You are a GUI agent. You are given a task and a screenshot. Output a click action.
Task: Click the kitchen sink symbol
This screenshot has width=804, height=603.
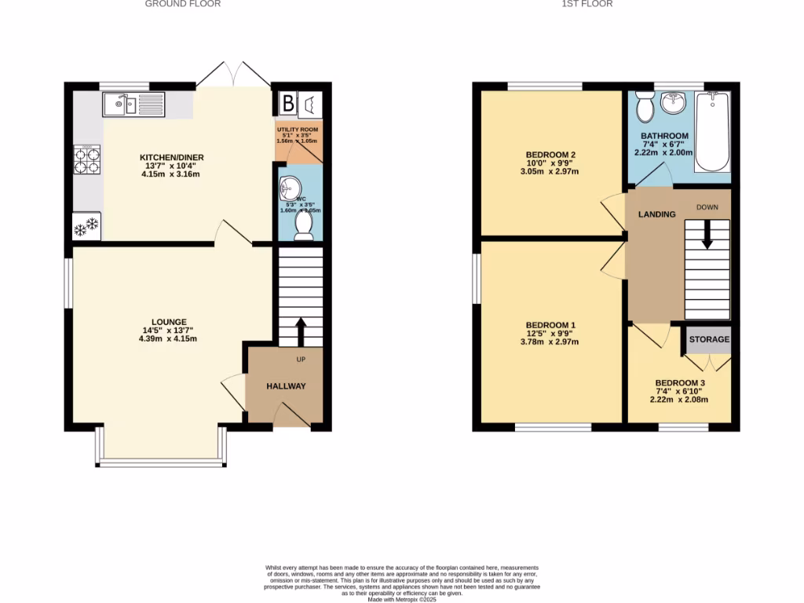[x=132, y=104]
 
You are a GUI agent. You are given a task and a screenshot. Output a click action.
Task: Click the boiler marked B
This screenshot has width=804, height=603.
[x=288, y=103]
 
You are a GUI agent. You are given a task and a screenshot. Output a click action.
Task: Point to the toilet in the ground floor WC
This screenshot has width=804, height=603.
[x=303, y=225]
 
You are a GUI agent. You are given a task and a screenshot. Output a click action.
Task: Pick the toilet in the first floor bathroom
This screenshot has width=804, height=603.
[x=645, y=107]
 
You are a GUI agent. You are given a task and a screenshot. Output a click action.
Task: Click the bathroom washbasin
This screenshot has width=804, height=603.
[x=673, y=103]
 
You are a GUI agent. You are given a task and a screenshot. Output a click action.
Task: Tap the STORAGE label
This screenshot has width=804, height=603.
[x=709, y=340]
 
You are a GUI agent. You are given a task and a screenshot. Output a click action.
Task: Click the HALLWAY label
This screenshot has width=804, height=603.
[x=286, y=386]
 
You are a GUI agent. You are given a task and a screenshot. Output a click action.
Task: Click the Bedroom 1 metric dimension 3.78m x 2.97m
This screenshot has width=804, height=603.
[x=550, y=342]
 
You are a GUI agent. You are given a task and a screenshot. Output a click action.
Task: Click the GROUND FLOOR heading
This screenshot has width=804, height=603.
[x=183, y=4]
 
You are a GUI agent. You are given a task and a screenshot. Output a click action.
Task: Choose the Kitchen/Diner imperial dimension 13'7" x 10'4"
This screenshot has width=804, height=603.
[x=171, y=166]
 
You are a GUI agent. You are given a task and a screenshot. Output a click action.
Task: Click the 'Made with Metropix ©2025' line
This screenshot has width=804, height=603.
[x=401, y=599]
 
